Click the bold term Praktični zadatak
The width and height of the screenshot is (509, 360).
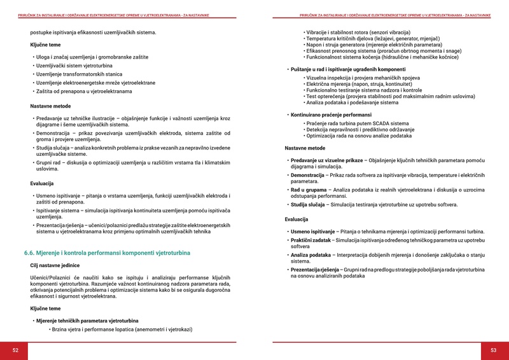coord(310,240)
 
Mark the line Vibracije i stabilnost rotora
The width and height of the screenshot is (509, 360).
coord(358,32)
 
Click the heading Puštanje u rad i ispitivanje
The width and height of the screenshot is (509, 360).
coord(348,69)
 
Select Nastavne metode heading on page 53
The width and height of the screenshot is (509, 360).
coord(305,148)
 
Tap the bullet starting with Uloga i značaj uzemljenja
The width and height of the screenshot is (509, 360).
coord(92,57)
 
